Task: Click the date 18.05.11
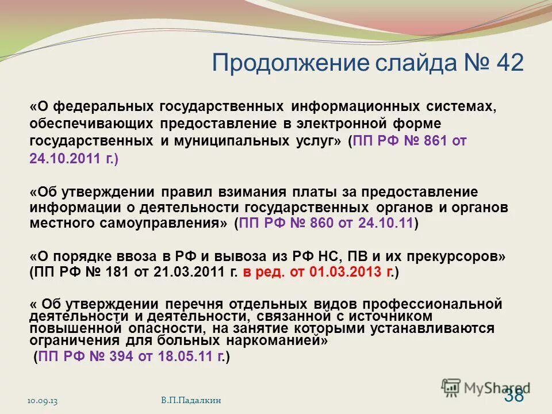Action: click(x=186, y=357)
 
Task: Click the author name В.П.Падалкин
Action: click(x=190, y=400)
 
